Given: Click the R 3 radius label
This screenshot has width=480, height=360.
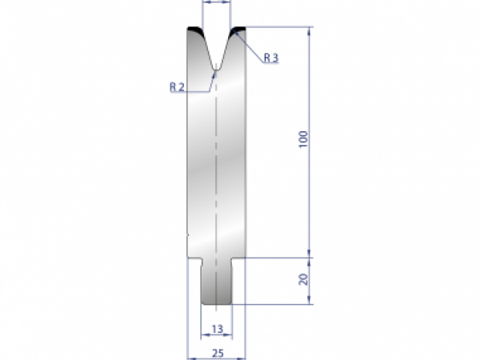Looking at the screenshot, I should coord(270,58).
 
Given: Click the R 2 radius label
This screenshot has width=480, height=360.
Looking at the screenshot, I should coord(178,86).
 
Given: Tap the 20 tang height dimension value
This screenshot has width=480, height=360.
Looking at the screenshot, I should coord(302,280).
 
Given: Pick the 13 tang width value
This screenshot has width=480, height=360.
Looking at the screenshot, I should coord(217,328).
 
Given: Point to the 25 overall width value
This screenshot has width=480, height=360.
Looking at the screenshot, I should coord(217,350).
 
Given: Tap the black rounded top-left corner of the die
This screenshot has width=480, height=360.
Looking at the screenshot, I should coord(194,32).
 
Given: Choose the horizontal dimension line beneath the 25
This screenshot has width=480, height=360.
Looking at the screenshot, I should coord(217,358).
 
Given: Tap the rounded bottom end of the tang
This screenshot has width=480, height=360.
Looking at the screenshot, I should coord(217,304).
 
